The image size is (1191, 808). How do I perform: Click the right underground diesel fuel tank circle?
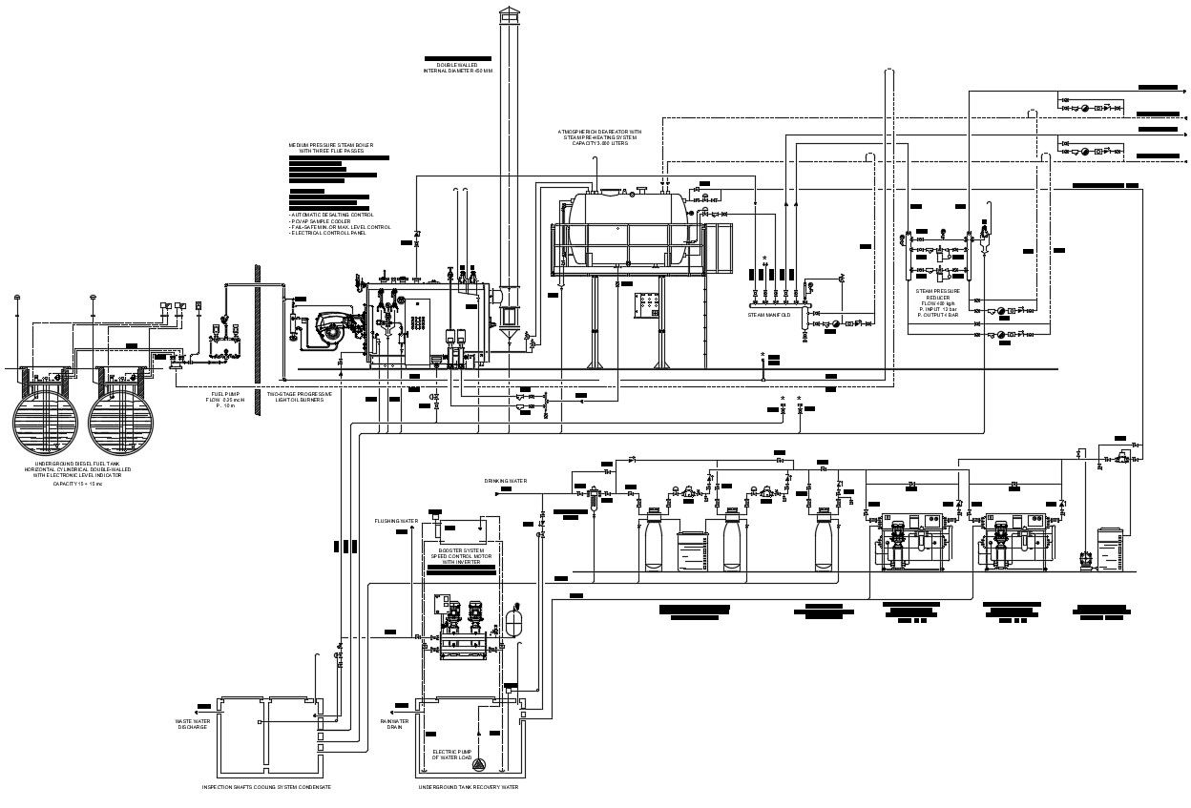coord(122,421)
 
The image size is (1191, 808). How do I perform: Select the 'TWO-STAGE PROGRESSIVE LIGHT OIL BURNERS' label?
coord(300,396)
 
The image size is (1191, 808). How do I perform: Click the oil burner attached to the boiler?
coord(329,328)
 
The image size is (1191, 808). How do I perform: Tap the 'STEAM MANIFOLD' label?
coord(769,315)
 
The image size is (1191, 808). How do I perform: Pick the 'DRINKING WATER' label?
coord(505,481)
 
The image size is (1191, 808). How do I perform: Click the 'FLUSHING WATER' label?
coord(396,521)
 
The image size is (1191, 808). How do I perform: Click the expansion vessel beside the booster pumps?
coord(518,619)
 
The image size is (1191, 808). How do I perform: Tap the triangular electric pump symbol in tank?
coord(479,763)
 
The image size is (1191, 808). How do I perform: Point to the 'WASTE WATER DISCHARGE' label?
coord(192,724)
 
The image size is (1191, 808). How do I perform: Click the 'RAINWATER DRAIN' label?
coord(394,724)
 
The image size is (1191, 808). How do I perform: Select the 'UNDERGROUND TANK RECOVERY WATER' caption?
coord(468,788)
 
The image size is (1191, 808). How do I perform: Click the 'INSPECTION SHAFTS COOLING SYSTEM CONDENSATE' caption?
coord(266,788)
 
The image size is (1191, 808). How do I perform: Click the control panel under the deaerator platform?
coord(647,305)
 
